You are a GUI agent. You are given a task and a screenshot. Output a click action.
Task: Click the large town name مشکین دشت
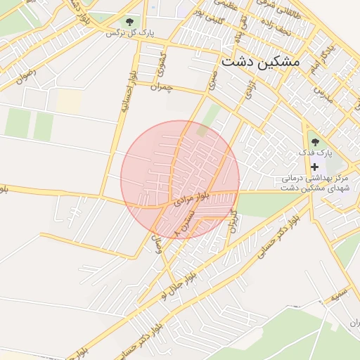260,61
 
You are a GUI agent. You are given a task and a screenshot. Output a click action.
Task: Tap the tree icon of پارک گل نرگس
130,22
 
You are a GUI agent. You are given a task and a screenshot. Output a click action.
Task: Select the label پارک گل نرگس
130,33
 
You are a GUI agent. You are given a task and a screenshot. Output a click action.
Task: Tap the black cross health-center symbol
314,167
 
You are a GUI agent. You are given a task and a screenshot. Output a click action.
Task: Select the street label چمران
161,86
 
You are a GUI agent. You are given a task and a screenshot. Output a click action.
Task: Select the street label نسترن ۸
184,224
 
